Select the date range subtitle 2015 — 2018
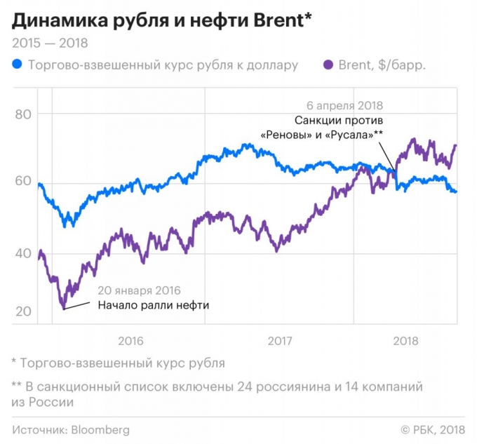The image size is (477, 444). click(x=50, y=43)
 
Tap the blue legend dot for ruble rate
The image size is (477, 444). click(x=17, y=65)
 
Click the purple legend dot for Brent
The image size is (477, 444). click(x=327, y=65)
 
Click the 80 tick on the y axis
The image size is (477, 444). click(x=24, y=114)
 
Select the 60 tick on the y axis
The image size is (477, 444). click(x=24, y=181)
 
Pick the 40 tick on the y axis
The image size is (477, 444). click(x=24, y=254)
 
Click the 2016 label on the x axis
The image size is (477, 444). click(x=131, y=342)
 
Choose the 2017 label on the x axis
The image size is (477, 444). click(x=280, y=342)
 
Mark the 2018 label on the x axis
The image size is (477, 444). click(x=405, y=342)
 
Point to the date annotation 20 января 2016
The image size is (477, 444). click(x=139, y=290)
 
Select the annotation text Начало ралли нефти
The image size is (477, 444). click(x=154, y=305)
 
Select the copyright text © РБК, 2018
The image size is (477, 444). click(x=432, y=429)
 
